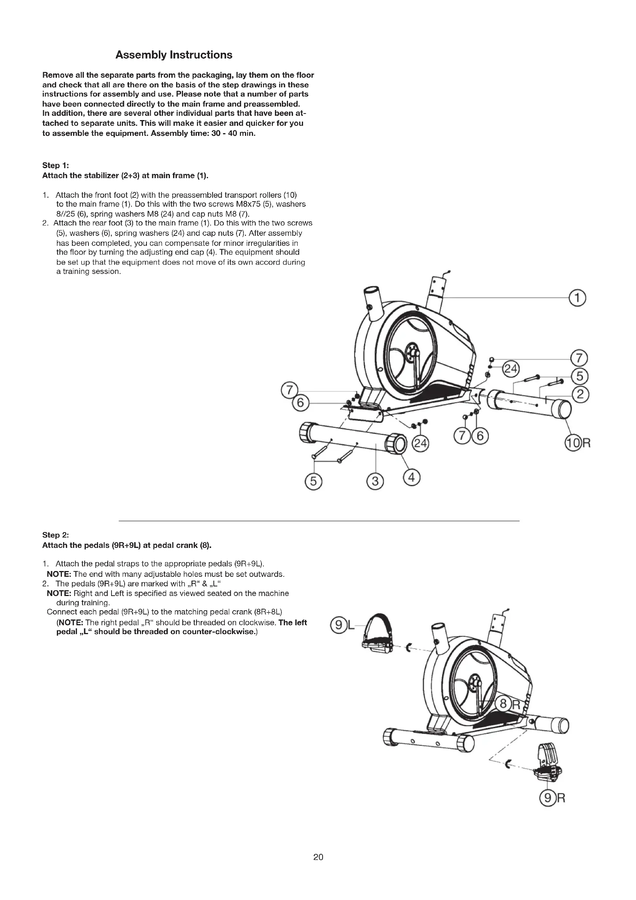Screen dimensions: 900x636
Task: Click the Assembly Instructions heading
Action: (x=173, y=55)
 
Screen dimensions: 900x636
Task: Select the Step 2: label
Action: (x=56, y=535)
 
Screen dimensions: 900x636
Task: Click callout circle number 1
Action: (x=578, y=298)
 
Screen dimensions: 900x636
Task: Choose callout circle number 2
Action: (x=580, y=394)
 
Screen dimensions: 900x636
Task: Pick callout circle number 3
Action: (x=375, y=481)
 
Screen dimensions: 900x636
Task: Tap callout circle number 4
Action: (x=411, y=478)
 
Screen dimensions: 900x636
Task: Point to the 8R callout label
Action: (x=509, y=705)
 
